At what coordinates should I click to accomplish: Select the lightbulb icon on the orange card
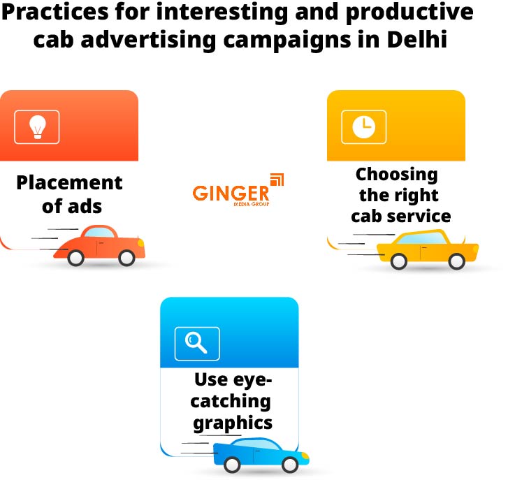point(37,126)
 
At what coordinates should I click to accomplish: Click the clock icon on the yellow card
point(363,126)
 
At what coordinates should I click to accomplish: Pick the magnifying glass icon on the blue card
point(196,342)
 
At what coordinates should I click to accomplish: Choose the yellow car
point(427,249)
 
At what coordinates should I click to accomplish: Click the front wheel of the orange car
point(126,258)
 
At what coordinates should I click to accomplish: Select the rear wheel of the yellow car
point(398,261)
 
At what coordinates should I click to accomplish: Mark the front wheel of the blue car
point(290,463)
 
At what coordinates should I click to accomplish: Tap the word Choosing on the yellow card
point(396,174)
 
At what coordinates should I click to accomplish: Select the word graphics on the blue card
point(233,423)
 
